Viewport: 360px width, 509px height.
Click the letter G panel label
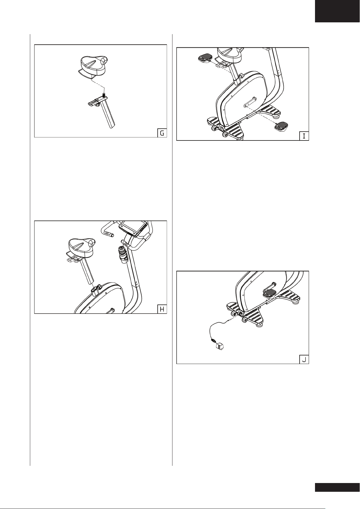162,133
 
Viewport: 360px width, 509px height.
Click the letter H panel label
162,309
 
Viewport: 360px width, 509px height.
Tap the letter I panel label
304,136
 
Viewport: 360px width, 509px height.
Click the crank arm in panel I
250,102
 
